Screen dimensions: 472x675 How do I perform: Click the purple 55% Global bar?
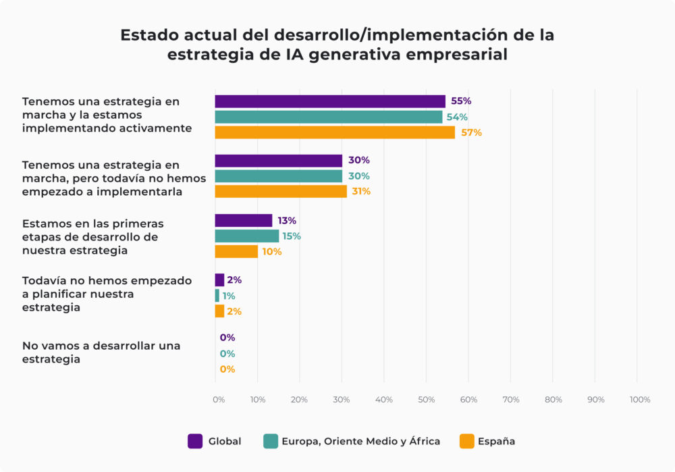(330, 101)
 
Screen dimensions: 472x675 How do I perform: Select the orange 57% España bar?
(335, 132)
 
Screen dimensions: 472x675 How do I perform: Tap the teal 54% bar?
(329, 117)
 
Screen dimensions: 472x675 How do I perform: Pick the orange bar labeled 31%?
(281, 191)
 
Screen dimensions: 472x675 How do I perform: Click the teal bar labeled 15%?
(247, 236)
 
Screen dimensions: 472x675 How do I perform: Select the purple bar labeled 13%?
(244, 221)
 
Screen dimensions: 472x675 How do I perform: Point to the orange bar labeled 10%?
(236, 252)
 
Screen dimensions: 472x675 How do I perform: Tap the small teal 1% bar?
(217, 296)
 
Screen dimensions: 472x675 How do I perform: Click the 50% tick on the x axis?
(426, 400)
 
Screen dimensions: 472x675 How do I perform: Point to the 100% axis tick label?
(639, 400)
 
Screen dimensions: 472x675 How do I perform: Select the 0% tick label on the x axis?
(218, 400)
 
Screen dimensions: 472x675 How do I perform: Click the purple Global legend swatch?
(195, 442)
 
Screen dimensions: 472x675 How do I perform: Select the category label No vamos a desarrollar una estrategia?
(101, 352)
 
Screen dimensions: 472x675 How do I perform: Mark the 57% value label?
(471, 133)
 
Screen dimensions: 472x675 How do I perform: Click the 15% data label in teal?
(292, 236)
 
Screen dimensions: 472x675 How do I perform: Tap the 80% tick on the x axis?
(553, 400)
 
